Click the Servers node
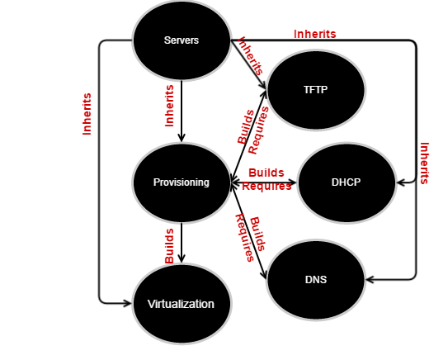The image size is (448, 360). (x=182, y=40)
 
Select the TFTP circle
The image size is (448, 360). (x=316, y=90)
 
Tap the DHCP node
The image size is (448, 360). (x=347, y=182)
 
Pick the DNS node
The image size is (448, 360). (x=316, y=280)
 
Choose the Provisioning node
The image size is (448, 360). (x=182, y=182)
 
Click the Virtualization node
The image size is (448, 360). (x=182, y=304)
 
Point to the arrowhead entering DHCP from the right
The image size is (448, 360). (x=401, y=182)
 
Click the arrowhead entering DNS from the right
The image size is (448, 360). (x=370, y=280)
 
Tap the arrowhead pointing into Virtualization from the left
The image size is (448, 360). (x=127, y=304)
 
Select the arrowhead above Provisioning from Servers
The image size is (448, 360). (x=182, y=138)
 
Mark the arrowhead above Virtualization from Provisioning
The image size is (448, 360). (x=182, y=259)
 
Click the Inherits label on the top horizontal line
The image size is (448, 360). (x=315, y=34)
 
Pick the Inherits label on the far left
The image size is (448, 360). (x=87, y=114)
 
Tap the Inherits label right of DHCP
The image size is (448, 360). (x=424, y=163)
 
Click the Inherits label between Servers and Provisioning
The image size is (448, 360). (x=169, y=106)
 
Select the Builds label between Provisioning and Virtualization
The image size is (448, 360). (x=169, y=246)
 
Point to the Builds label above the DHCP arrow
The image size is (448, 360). (x=266, y=173)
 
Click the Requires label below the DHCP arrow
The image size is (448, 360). (x=266, y=186)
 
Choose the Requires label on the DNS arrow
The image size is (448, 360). (x=244, y=238)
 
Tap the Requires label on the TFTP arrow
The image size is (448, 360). (x=258, y=130)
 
